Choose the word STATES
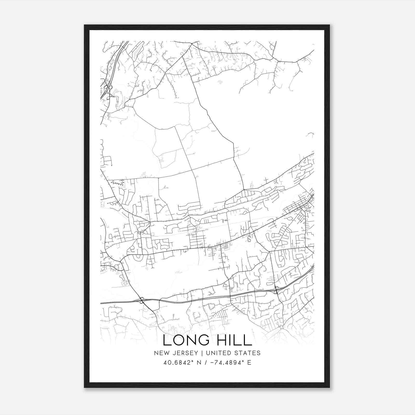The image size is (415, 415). coord(247,353)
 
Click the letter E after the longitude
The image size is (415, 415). coord(249,363)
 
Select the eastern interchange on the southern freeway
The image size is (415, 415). coord(276,290)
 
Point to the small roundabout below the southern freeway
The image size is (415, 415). coord(281,328)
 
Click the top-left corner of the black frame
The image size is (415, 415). coord(85,25)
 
